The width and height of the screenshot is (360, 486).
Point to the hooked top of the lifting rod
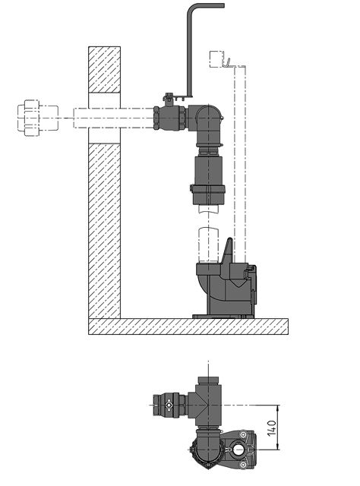coord(205,8)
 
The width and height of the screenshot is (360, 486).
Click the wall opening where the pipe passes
coord(105,118)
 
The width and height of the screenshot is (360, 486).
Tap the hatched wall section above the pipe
coord(105,69)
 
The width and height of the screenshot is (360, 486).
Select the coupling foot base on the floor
coord(225,312)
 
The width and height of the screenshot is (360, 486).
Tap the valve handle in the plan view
coord(169,411)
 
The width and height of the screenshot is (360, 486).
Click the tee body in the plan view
coord(206,402)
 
